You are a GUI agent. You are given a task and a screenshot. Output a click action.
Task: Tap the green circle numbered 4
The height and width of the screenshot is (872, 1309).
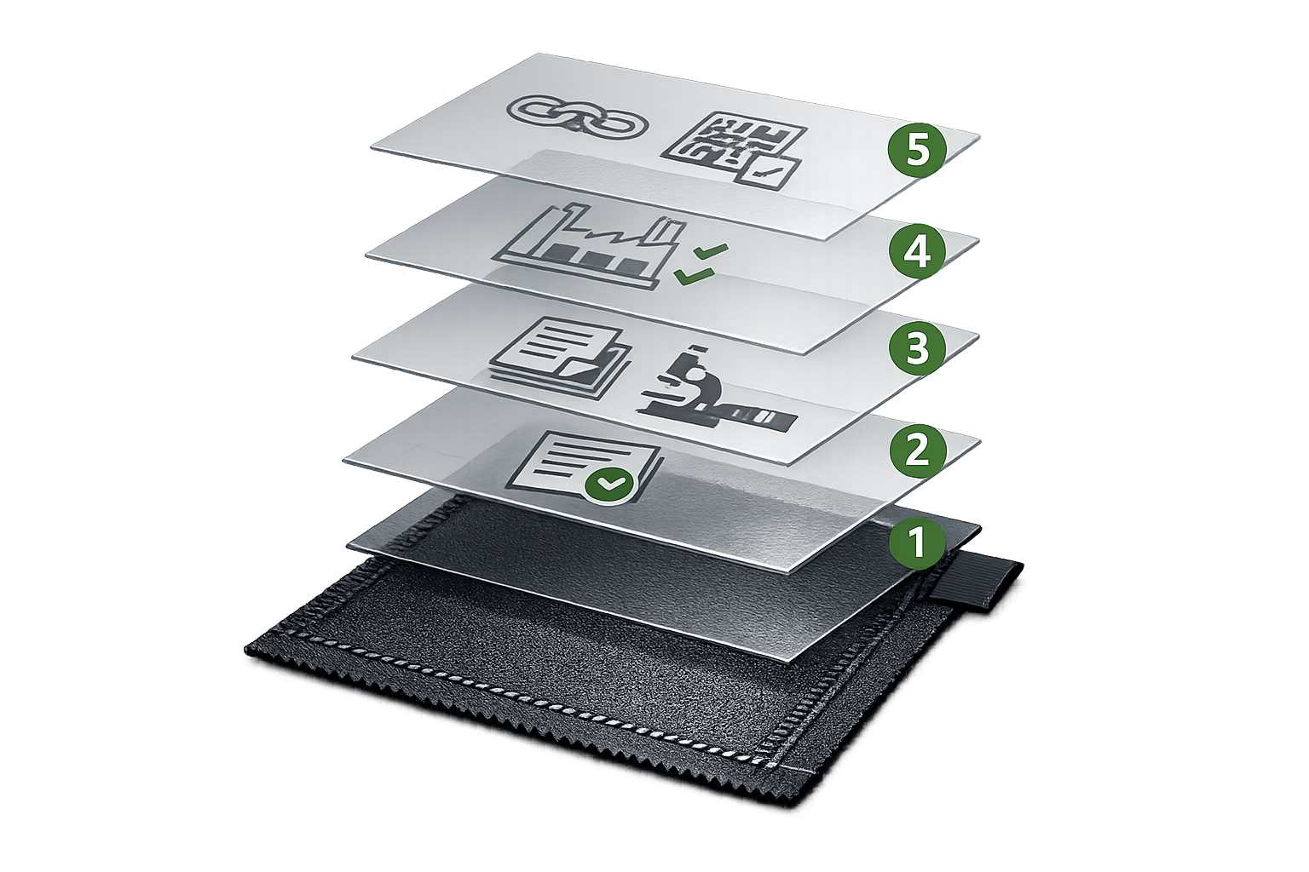[x=918, y=252]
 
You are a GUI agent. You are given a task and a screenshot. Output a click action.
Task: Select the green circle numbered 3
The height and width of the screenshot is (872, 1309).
[x=918, y=348]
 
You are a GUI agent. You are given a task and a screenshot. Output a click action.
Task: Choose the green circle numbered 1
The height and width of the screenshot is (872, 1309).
[x=918, y=542]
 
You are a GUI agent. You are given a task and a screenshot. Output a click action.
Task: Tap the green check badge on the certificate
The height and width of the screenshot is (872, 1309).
[x=609, y=484]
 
